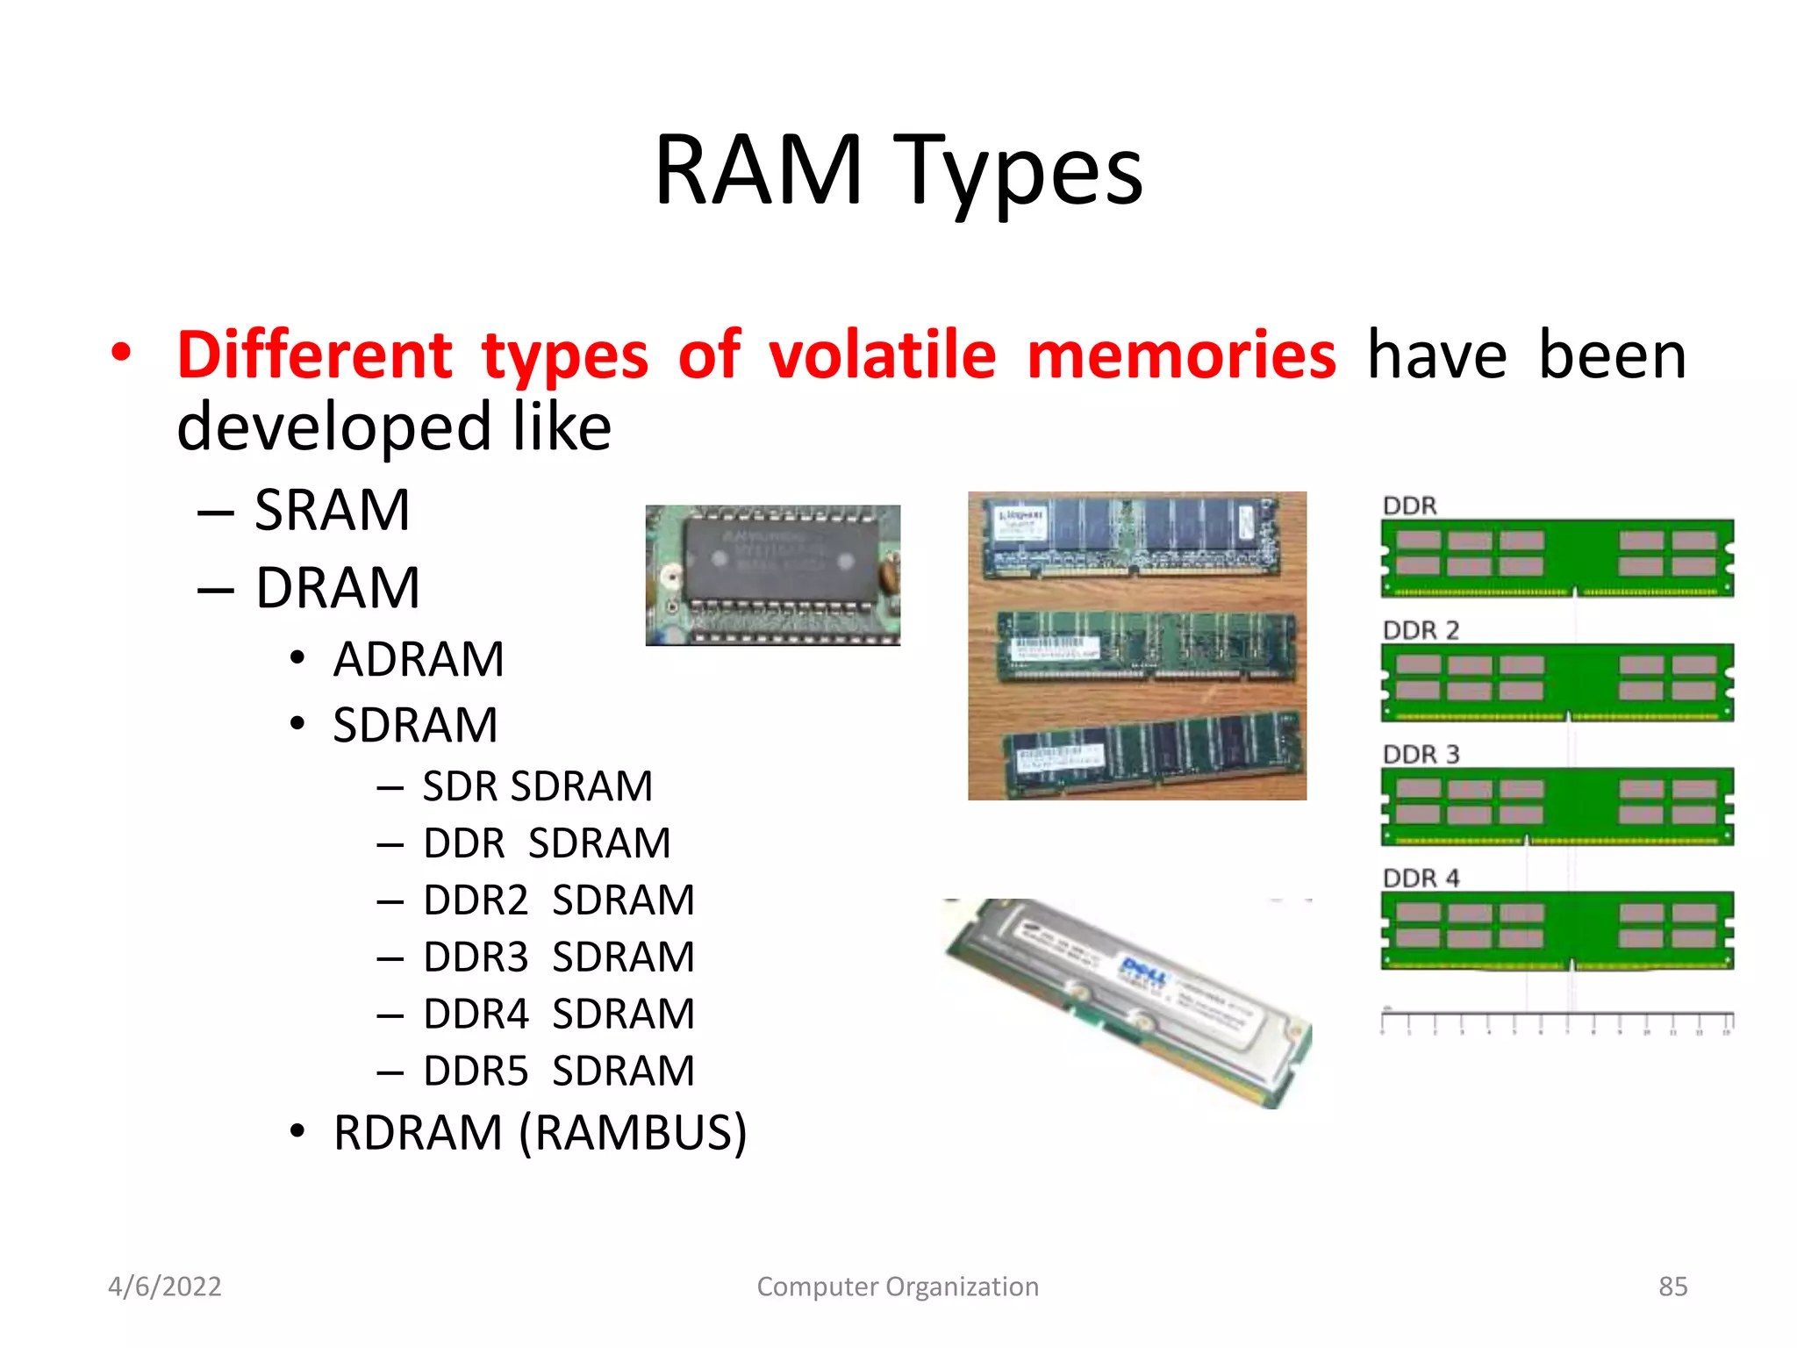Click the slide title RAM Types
tap(898, 171)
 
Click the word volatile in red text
tap(882, 355)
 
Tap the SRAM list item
tap(332, 510)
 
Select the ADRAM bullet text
tap(419, 659)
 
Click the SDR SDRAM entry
tap(537, 786)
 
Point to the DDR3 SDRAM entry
tap(558, 957)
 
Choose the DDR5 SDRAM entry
tap(558, 1071)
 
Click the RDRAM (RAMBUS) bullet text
tap(540, 1132)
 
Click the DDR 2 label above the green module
tap(1421, 630)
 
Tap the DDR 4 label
tap(1421, 878)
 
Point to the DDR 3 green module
tap(1557, 806)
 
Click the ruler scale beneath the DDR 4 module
tap(1557, 1022)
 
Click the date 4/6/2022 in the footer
tap(165, 1287)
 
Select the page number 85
tap(1672, 1287)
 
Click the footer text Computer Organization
tap(898, 1287)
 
